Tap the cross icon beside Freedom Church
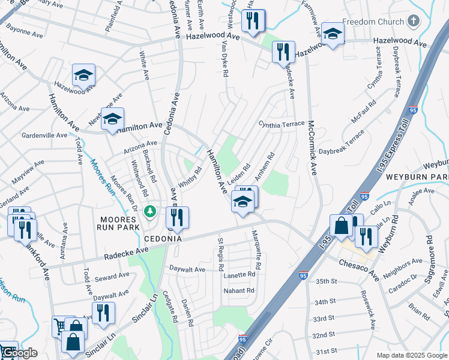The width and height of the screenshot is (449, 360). (412, 22)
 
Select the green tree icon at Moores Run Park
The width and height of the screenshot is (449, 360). (151, 211)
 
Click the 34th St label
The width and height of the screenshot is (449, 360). (324, 302)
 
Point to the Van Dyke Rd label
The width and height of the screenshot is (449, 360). (224, 63)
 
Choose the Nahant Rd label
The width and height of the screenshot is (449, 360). (238, 290)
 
